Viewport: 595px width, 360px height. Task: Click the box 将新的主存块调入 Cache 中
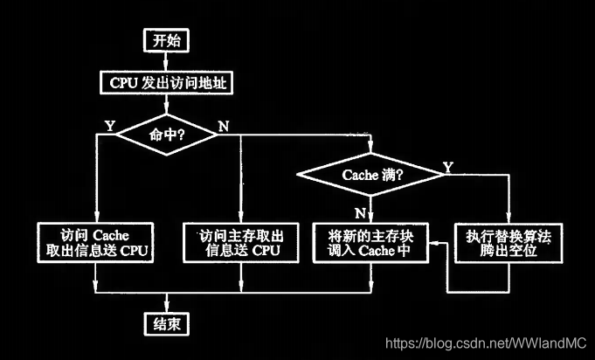pyautogui.click(x=369, y=242)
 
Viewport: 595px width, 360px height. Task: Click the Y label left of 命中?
pyautogui.click(x=109, y=125)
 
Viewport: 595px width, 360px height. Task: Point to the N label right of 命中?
pyautogui.click(x=224, y=125)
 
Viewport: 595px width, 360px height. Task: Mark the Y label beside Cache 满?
pyautogui.click(x=447, y=166)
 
